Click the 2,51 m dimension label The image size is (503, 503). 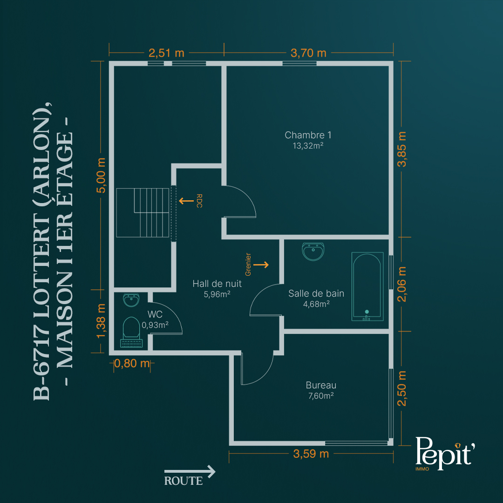coord(166,53)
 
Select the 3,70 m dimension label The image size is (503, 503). coord(308,53)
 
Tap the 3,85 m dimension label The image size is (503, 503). coord(401,149)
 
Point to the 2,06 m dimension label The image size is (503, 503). coord(401,284)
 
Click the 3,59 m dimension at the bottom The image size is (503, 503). coord(311,454)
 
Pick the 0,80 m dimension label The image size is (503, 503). coord(132,363)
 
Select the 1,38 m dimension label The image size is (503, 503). coord(101,321)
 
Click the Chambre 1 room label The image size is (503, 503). coord(308,135)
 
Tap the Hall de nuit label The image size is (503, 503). coord(217,284)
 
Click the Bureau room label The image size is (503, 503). coord(321,385)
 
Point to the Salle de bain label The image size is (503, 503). coord(316,293)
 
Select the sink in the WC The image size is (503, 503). coord(131,300)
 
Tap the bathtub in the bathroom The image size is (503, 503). coord(367,286)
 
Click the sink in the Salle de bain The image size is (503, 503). coord(313,251)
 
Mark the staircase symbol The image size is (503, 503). coord(143,213)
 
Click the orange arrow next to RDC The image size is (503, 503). coord(186,201)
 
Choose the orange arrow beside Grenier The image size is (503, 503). coord(261,265)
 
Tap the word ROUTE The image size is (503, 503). coord(184,481)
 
